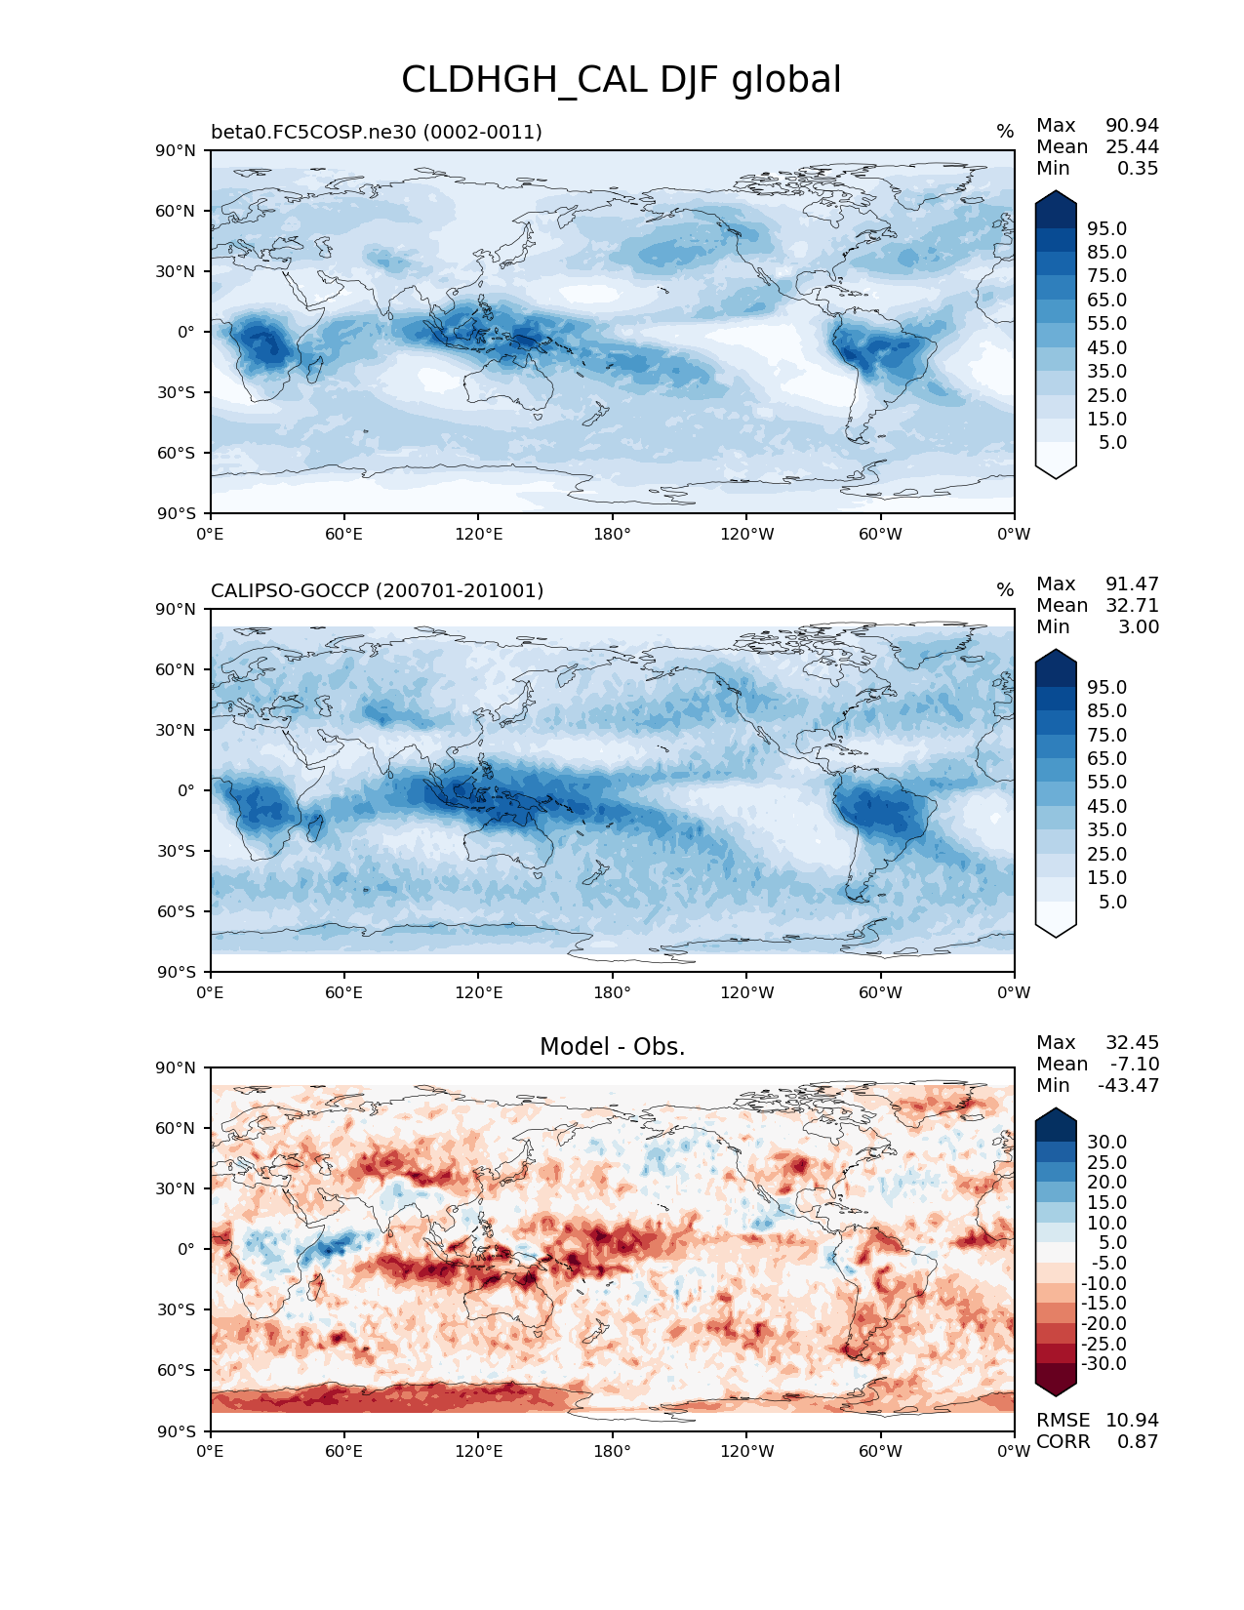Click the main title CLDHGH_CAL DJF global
tap(621, 80)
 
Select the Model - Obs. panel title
tap(612, 1047)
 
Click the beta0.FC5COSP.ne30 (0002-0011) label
tap(376, 132)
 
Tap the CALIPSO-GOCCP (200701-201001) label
tap(377, 590)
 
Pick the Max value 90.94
tap(1132, 125)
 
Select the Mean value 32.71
tap(1132, 605)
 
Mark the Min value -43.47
tap(1129, 1085)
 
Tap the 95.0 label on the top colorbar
tap(1106, 228)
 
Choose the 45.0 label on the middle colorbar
tap(1106, 806)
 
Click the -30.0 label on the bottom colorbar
tap(1104, 1363)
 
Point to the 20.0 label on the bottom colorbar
tap(1106, 1182)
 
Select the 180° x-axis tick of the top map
tap(612, 534)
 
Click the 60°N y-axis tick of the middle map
tap(176, 669)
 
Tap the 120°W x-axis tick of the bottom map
tap(746, 1451)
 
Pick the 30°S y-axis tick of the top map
tap(176, 392)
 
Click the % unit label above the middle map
tap(1005, 590)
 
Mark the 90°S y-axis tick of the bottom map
tap(176, 1430)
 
